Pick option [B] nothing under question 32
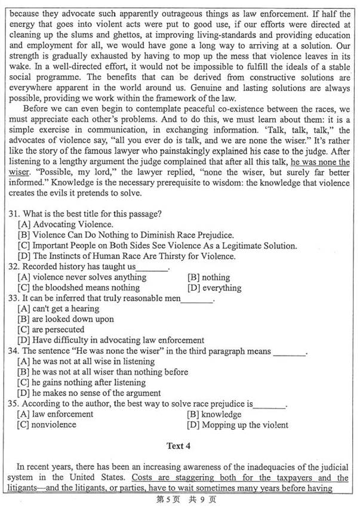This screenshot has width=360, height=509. click(x=208, y=277)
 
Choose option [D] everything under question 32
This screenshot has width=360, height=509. click(x=214, y=288)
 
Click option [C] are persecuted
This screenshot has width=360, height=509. click(x=51, y=329)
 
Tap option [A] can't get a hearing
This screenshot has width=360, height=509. click(x=59, y=309)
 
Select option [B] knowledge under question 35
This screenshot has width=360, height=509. click(x=214, y=414)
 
